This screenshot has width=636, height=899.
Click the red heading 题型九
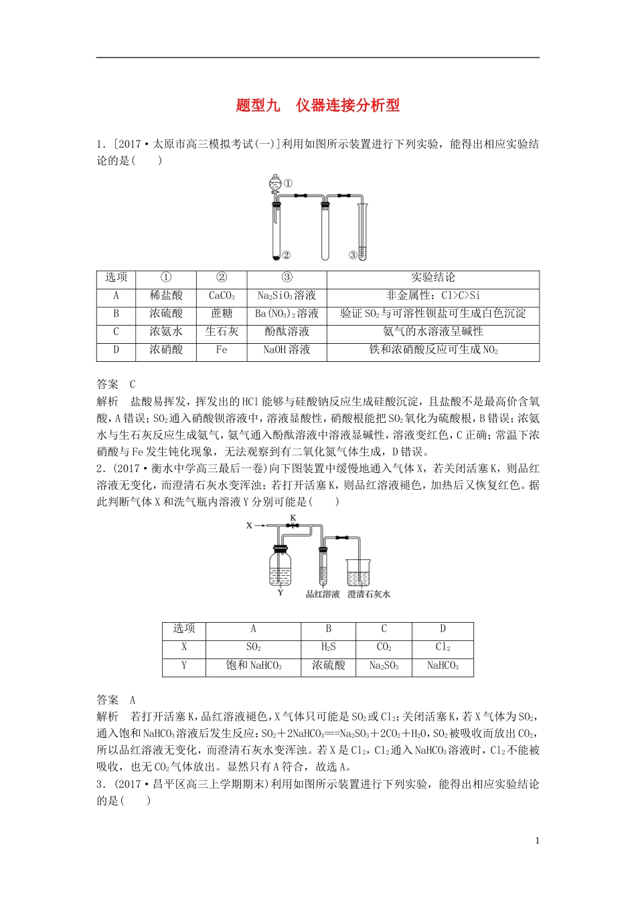[x=258, y=106]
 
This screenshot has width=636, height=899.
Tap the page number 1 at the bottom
[x=537, y=841]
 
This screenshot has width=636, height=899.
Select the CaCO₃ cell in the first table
[x=222, y=296]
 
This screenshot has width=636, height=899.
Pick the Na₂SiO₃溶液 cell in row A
[x=287, y=296]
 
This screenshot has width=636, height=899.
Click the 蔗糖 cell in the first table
[x=222, y=314]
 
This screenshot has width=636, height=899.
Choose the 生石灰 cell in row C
[x=222, y=332]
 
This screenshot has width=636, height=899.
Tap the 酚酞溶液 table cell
[x=287, y=332]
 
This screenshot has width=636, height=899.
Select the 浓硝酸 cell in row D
[x=166, y=350]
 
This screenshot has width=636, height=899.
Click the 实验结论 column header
[x=432, y=278]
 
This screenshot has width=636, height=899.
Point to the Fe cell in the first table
[x=222, y=350]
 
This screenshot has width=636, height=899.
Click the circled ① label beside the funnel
[x=288, y=183]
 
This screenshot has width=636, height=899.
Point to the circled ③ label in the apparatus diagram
[x=352, y=255]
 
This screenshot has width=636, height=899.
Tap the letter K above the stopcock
[x=293, y=518]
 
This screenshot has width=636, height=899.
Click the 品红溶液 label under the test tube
[x=323, y=594]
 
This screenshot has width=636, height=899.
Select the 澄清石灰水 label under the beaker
[x=368, y=594]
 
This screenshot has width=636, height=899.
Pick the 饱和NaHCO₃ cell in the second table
[x=253, y=666]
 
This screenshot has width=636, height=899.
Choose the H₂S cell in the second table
[x=328, y=647]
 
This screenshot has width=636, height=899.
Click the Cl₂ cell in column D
[x=443, y=647]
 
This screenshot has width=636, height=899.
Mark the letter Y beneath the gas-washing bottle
[x=280, y=593]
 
